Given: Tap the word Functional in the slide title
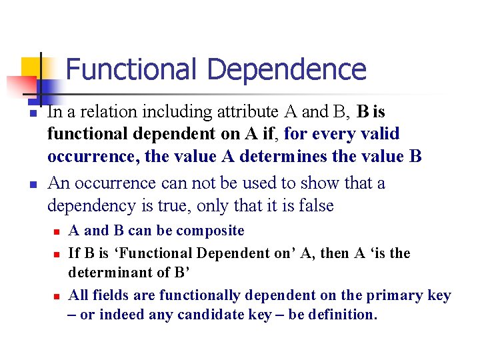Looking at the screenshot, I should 131,69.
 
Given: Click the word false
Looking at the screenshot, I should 311,205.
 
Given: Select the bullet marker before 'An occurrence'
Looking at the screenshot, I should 31,186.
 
